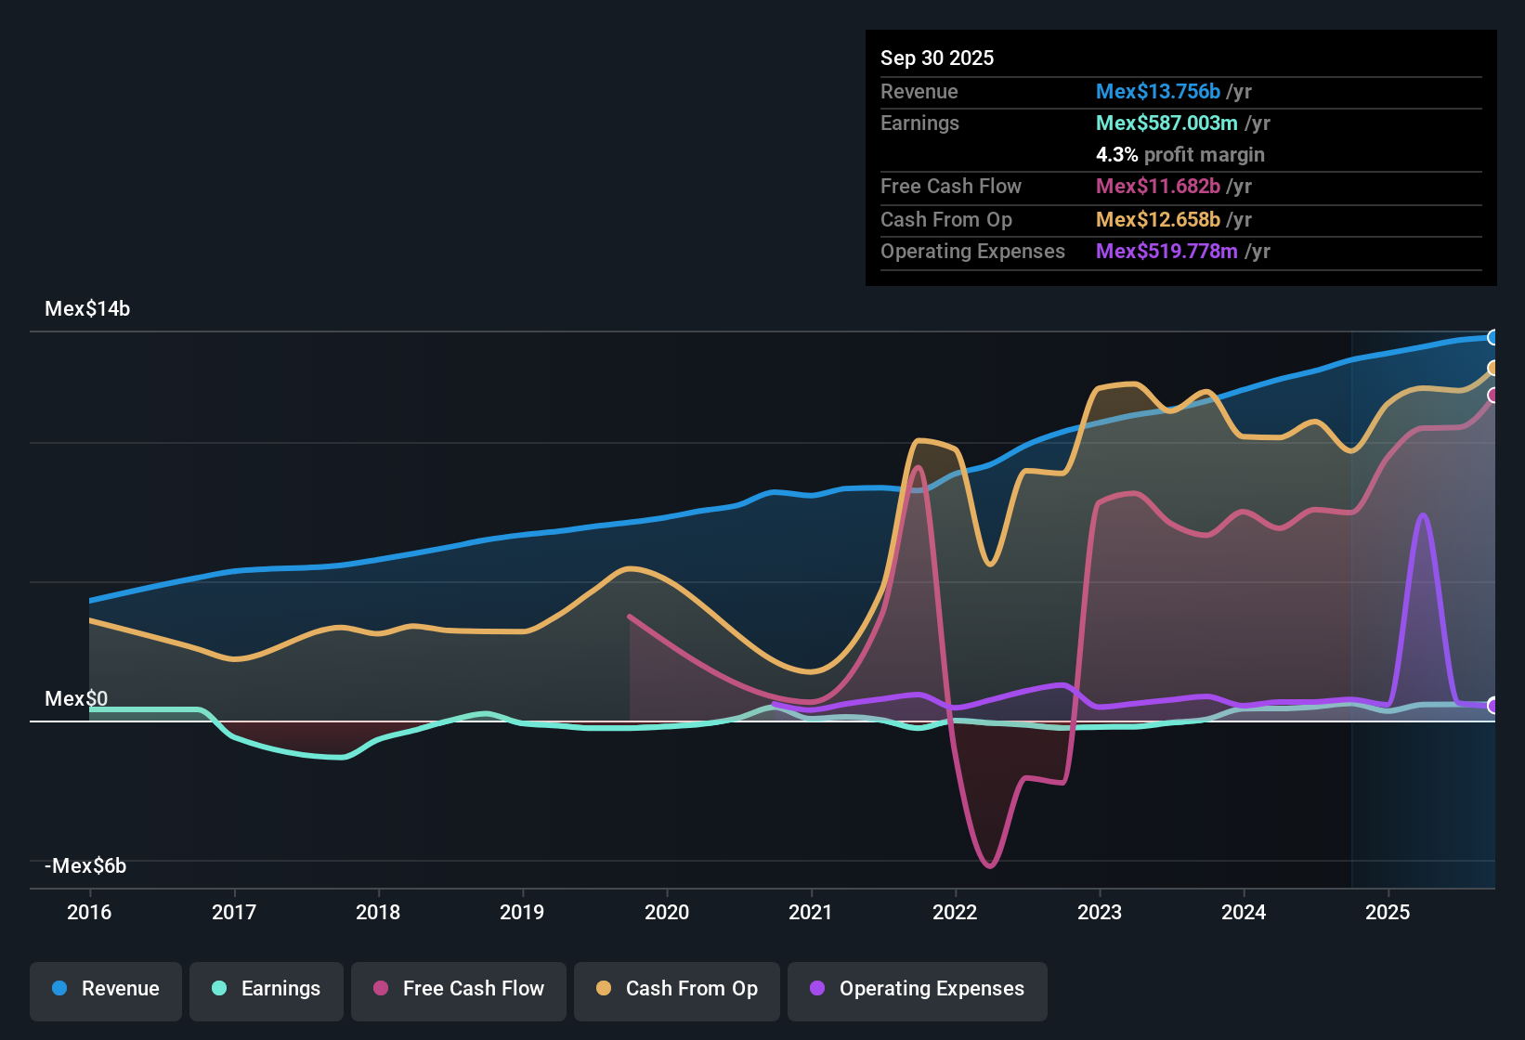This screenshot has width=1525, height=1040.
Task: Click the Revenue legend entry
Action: tap(106, 989)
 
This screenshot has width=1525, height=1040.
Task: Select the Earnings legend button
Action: tap(267, 989)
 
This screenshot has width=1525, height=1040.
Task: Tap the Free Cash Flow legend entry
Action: tap(459, 989)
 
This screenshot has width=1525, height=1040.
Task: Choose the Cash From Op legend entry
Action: tap(677, 989)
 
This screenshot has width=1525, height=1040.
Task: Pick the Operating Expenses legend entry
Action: tap(918, 989)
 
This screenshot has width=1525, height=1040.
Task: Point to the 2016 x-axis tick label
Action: tap(89, 912)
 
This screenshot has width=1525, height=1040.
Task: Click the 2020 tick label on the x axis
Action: tap(667, 912)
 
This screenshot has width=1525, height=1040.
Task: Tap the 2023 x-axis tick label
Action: tap(1100, 912)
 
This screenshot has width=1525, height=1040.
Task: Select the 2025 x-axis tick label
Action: tap(1388, 912)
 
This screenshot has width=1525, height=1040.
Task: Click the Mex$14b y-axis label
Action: tap(87, 309)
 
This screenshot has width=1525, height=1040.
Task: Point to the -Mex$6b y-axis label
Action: tap(85, 866)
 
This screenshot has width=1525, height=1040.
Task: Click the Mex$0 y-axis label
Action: tap(76, 699)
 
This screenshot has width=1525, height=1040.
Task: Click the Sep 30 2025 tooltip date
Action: tap(937, 58)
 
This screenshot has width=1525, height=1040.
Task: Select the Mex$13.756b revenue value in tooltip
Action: tap(1158, 91)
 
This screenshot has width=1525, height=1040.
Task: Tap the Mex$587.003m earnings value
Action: tap(1167, 123)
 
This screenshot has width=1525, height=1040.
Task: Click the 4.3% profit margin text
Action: tap(1180, 154)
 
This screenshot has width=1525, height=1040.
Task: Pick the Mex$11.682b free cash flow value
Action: tap(1158, 186)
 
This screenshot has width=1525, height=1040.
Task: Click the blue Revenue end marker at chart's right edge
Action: tap(1492, 337)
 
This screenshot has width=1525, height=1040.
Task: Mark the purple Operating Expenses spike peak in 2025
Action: tap(1423, 516)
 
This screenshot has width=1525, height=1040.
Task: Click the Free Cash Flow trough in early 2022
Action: tap(990, 865)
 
